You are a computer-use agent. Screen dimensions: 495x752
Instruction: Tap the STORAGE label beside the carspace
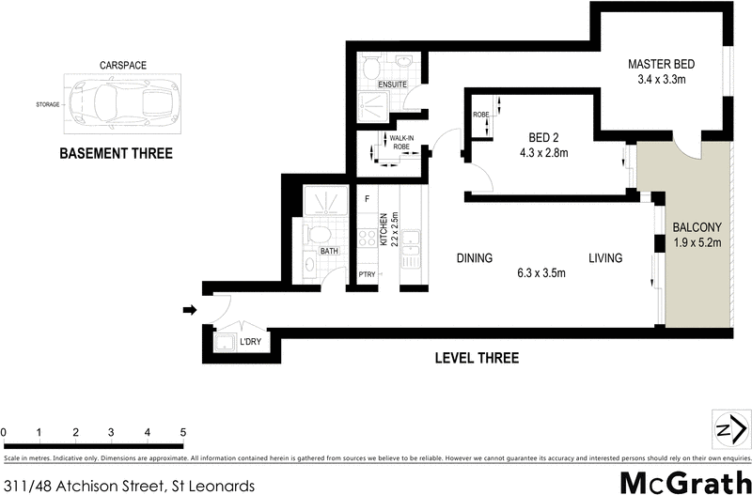46,104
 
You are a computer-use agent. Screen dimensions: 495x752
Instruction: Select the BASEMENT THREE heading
116,153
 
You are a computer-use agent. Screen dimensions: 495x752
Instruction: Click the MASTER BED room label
662,64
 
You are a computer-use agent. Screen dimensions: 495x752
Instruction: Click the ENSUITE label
392,85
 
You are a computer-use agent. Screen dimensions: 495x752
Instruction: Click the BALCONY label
697,227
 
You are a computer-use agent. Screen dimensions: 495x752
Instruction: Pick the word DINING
475,258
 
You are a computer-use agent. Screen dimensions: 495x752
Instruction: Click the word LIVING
606,258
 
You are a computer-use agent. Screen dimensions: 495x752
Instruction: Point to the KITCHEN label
384,230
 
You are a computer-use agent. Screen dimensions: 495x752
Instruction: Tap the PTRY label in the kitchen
368,275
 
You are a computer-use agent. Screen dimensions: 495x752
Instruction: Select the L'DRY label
249,343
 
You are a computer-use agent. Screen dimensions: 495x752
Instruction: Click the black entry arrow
189,310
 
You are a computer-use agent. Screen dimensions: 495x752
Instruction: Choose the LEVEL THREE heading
476,358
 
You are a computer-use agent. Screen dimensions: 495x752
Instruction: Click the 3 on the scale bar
111,432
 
